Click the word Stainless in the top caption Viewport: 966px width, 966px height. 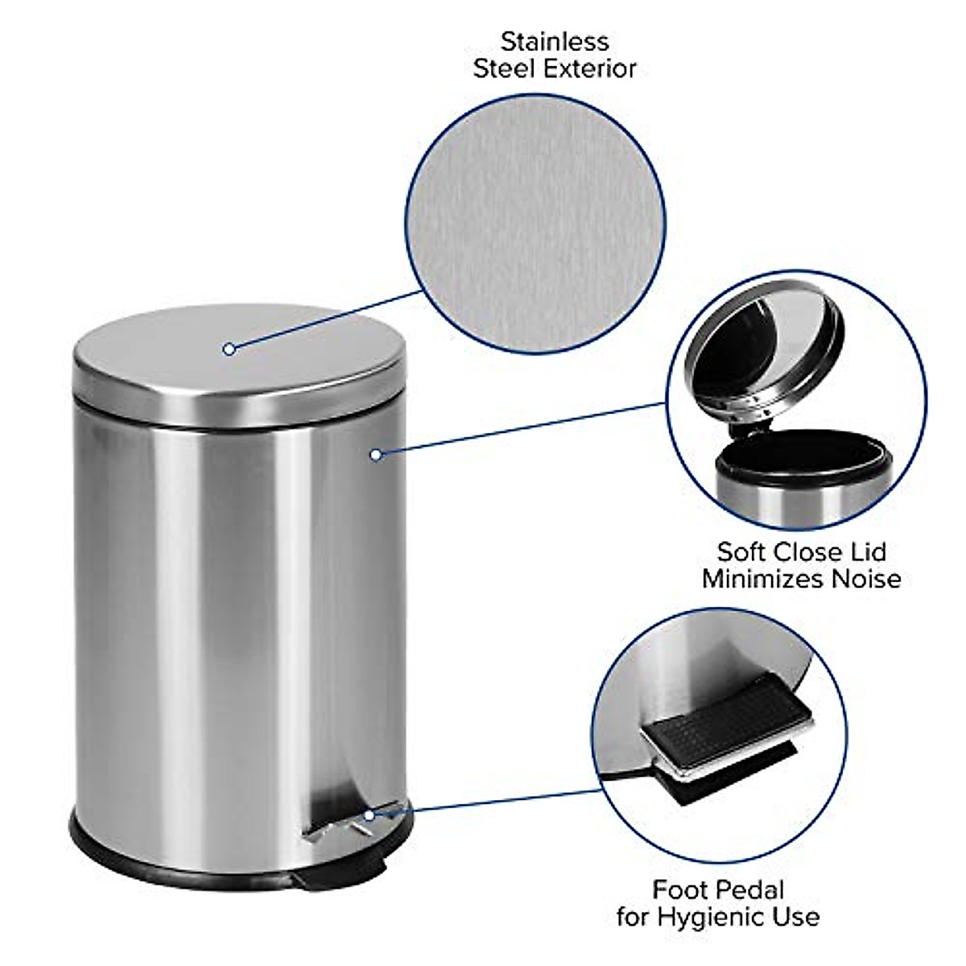coord(555,41)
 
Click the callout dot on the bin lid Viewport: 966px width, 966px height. coord(229,349)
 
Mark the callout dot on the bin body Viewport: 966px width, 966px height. coord(375,455)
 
